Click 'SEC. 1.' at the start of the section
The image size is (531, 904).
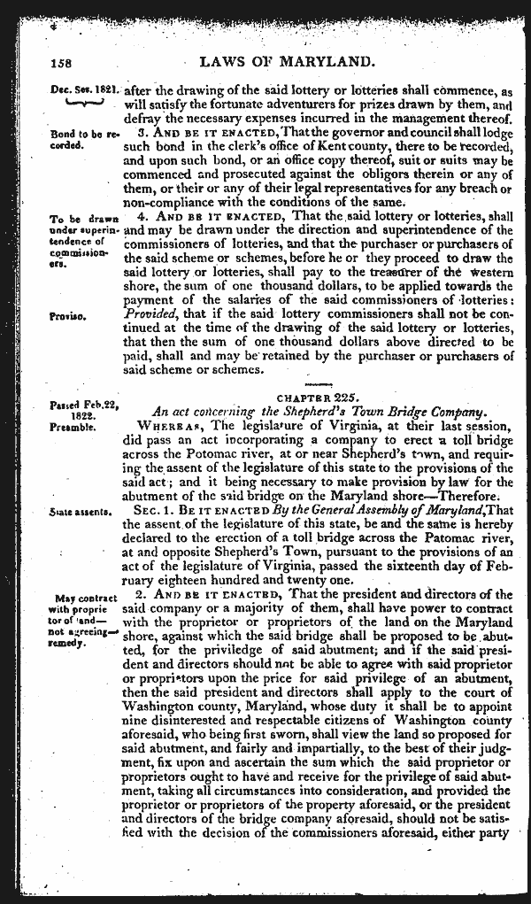click(170, 512)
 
